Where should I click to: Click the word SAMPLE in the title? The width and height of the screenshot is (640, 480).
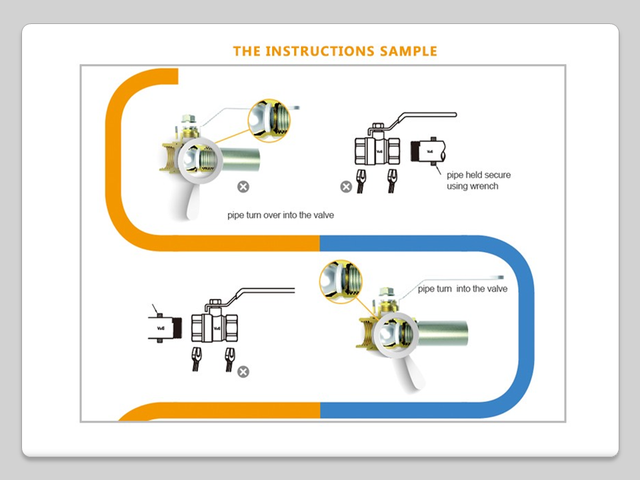(409, 51)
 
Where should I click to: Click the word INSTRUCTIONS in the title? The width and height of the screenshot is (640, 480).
(320, 51)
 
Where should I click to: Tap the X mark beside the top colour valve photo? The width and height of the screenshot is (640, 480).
(243, 187)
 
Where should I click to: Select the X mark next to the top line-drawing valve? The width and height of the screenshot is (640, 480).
(346, 187)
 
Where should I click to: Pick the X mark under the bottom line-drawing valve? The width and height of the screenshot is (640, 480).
(243, 372)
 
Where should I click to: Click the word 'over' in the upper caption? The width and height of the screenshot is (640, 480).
(272, 215)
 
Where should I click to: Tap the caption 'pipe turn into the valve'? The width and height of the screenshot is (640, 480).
(463, 289)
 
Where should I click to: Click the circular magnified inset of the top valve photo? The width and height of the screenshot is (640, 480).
(269, 121)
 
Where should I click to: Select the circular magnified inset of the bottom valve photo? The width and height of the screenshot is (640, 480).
(341, 281)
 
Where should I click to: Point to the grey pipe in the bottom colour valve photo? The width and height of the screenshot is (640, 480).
(443, 333)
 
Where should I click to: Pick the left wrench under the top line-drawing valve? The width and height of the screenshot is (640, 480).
(361, 181)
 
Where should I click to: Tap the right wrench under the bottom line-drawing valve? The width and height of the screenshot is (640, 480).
(229, 359)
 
